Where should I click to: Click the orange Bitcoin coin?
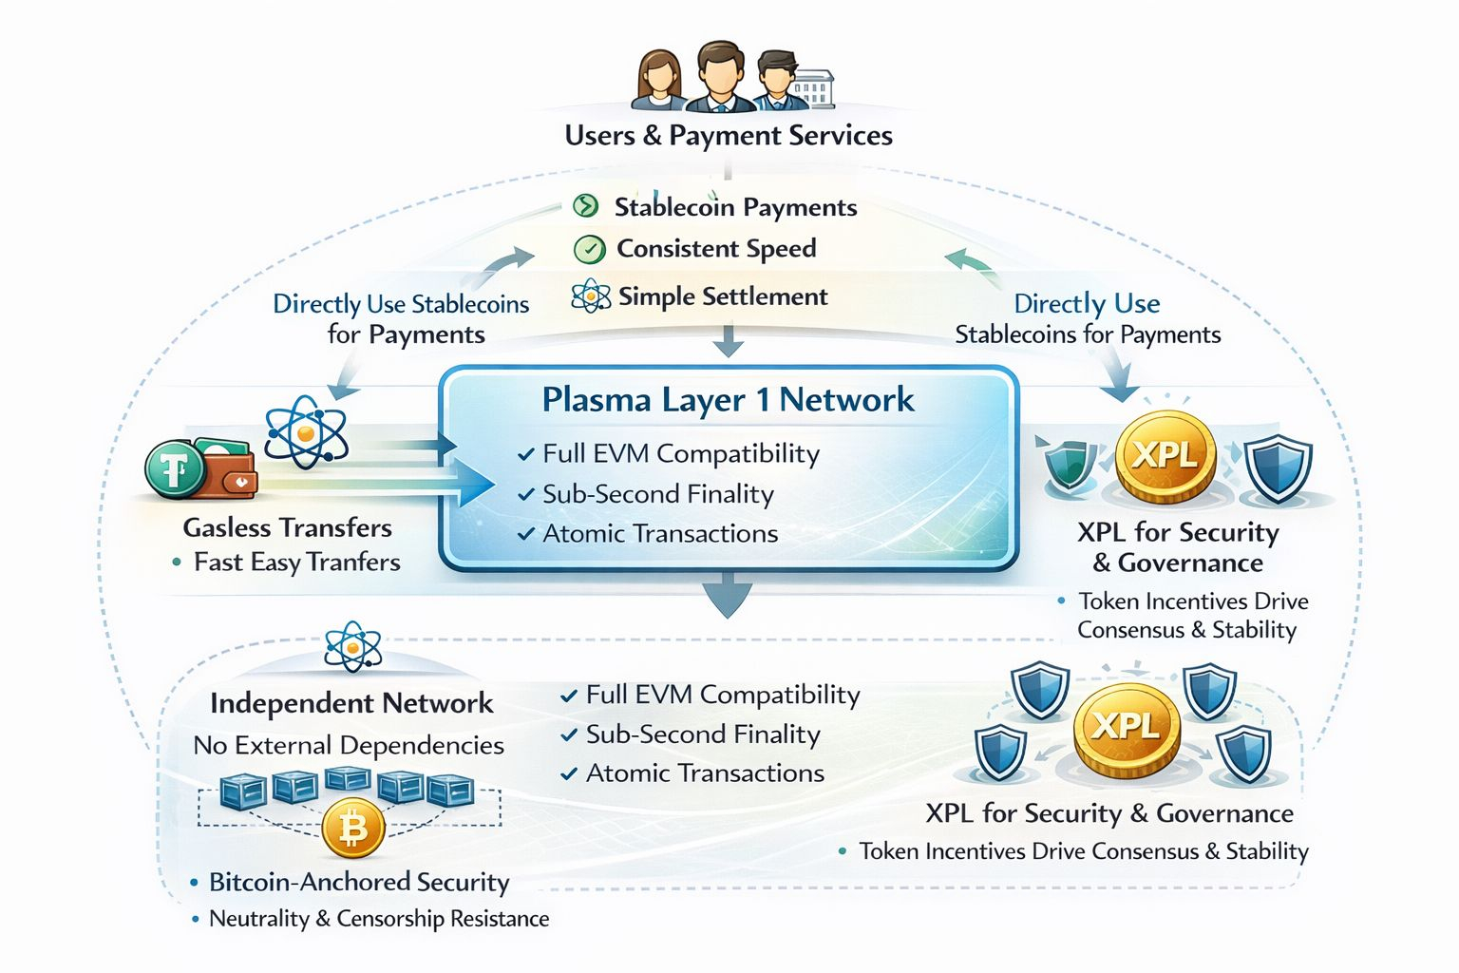tap(352, 829)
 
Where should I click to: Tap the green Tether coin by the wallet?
tap(175, 469)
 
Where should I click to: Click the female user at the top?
tap(658, 80)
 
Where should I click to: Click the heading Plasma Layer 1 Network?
tap(728, 400)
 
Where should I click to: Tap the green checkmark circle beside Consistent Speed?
tap(589, 250)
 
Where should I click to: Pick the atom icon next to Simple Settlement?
tap(591, 296)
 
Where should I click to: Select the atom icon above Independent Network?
tap(352, 648)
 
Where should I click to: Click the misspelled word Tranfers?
tap(353, 563)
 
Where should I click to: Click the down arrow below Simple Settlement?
tap(729, 340)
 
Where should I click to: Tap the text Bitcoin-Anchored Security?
tap(359, 882)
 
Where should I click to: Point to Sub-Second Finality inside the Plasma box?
tap(657, 494)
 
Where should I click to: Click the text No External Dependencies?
tap(349, 745)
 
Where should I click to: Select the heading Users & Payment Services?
tap(729, 136)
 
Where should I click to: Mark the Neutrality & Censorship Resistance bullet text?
tap(379, 919)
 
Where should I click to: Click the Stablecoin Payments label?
tap(735, 207)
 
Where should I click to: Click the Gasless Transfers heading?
tap(287, 527)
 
